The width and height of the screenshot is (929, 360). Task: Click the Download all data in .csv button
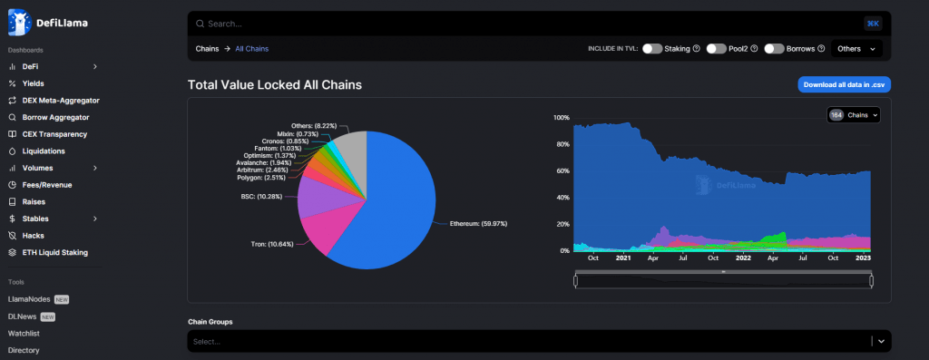(844, 84)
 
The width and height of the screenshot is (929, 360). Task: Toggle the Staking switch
(652, 48)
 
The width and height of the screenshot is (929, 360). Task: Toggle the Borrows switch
(773, 48)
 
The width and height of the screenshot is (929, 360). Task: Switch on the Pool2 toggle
(717, 48)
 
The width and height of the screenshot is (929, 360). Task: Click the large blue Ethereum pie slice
(390, 209)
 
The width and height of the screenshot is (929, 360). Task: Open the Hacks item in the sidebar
(34, 235)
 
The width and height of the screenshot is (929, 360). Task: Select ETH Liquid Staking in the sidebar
(54, 252)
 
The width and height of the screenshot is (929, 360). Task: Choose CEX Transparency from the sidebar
(54, 134)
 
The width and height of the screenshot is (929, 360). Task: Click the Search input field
(526, 23)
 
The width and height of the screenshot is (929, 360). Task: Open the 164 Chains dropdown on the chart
(855, 115)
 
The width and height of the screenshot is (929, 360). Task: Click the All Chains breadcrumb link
(251, 48)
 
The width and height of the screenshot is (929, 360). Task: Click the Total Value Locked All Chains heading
(274, 85)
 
